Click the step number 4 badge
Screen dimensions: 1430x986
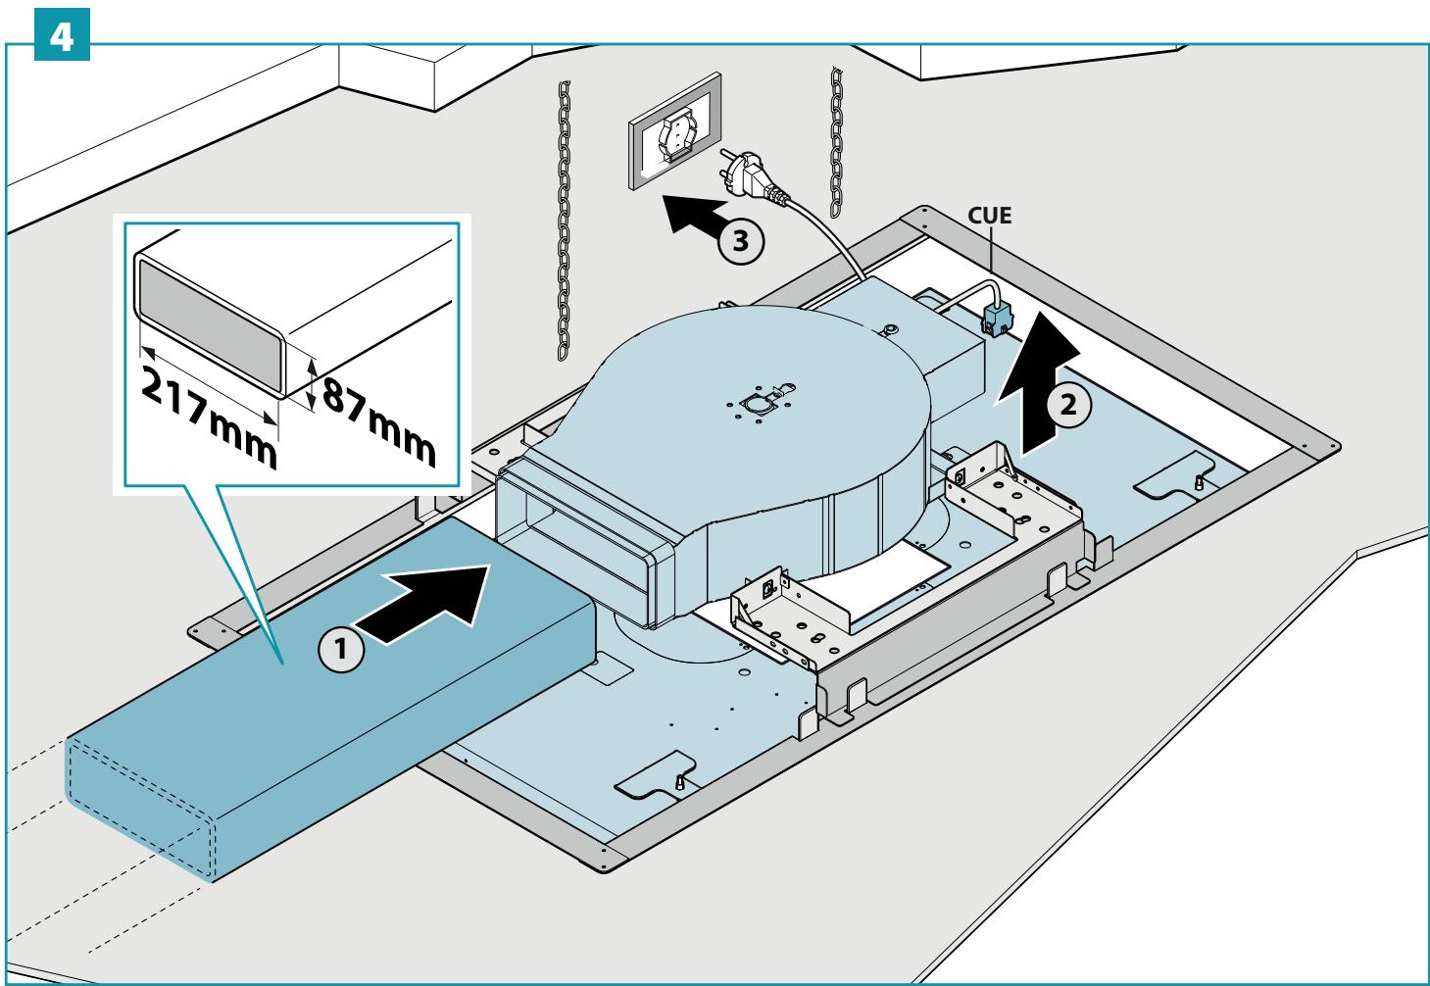click(62, 34)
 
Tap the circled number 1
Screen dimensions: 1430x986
click(341, 649)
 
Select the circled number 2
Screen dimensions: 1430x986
click(1068, 405)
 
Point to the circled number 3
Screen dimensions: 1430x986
click(741, 240)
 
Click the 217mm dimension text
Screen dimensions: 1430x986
click(209, 418)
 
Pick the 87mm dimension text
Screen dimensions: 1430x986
click(379, 421)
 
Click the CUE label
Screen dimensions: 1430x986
click(990, 215)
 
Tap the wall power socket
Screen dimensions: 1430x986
click(675, 131)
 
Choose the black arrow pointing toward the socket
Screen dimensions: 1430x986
click(694, 216)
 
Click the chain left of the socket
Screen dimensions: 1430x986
click(564, 221)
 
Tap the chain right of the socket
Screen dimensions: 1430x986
click(836, 142)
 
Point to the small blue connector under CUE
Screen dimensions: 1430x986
click(996, 320)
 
